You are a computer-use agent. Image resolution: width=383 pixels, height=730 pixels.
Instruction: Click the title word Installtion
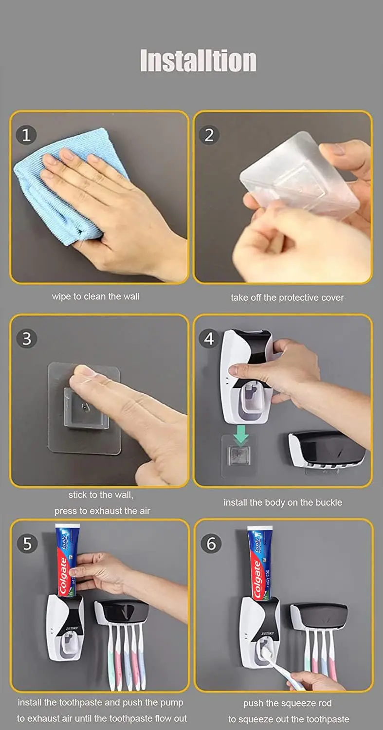click(x=198, y=60)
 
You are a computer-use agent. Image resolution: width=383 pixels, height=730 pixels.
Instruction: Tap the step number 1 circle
click(x=26, y=135)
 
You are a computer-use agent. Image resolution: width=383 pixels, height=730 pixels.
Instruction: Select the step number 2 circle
click(x=209, y=135)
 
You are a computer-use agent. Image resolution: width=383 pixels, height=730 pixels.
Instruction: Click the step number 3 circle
click(x=27, y=339)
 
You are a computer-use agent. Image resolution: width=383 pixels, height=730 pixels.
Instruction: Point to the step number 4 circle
click(x=209, y=339)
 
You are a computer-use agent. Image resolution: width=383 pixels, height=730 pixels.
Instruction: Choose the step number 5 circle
click(x=27, y=543)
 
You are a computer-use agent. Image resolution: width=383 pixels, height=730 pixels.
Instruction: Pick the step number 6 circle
click(x=211, y=543)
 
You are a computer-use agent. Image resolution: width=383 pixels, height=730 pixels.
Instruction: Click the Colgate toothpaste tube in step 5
click(x=66, y=560)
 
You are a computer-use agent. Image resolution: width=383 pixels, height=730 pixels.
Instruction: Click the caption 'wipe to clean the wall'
click(x=95, y=296)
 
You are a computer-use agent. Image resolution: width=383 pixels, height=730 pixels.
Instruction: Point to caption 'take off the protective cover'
click(x=287, y=297)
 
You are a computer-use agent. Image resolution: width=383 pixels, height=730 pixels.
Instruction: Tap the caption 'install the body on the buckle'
click(x=283, y=502)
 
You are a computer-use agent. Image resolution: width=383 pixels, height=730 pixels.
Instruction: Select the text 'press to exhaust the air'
click(x=102, y=511)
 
